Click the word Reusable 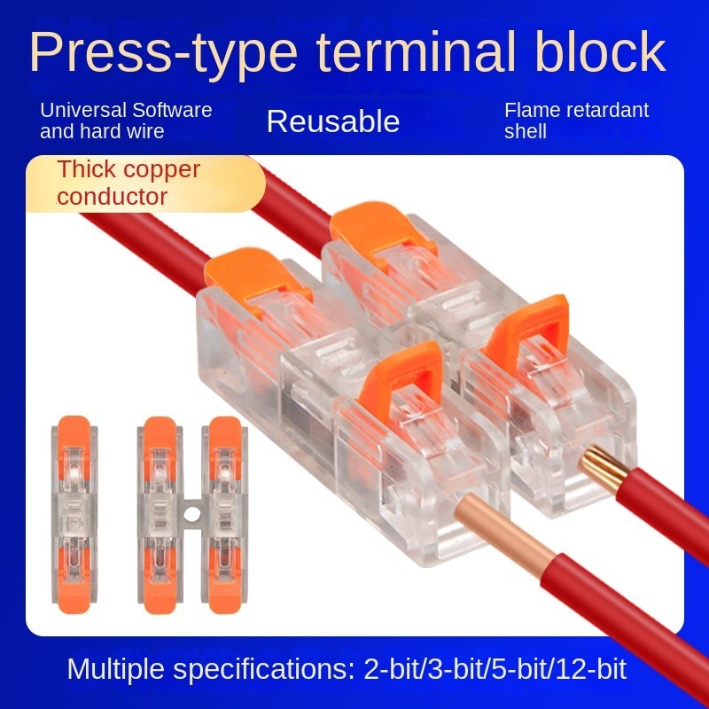pyautogui.click(x=333, y=121)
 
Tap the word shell pyautogui.click(x=526, y=132)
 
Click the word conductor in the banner pyautogui.click(x=112, y=196)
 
